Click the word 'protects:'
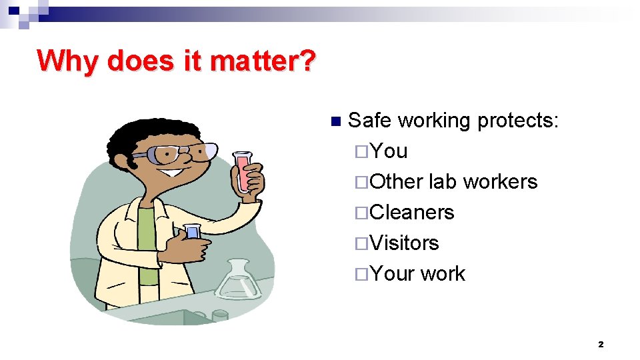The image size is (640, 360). click(x=518, y=121)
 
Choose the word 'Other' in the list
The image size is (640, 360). click(x=396, y=182)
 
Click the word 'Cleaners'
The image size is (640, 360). click(x=411, y=213)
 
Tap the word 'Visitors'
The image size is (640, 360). click(x=404, y=243)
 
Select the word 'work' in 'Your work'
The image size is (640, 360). click(x=443, y=274)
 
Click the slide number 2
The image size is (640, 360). click(x=601, y=345)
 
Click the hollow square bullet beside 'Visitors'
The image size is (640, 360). click(x=361, y=244)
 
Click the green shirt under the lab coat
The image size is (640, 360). click(x=147, y=240)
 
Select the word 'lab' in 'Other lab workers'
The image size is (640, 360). click(x=443, y=182)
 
